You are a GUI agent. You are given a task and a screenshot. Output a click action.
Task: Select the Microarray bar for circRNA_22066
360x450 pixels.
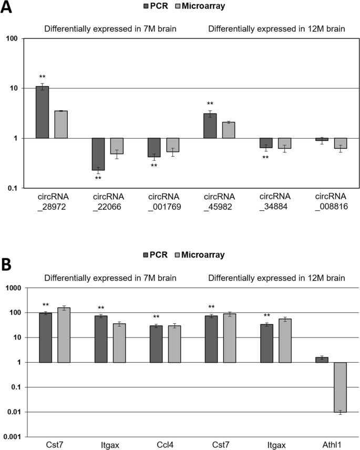click(x=117, y=146)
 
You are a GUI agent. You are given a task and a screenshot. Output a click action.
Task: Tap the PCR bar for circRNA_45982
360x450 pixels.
click(x=210, y=126)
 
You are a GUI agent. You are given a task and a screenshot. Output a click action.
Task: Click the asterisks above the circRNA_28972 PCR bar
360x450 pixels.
click(x=42, y=77)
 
